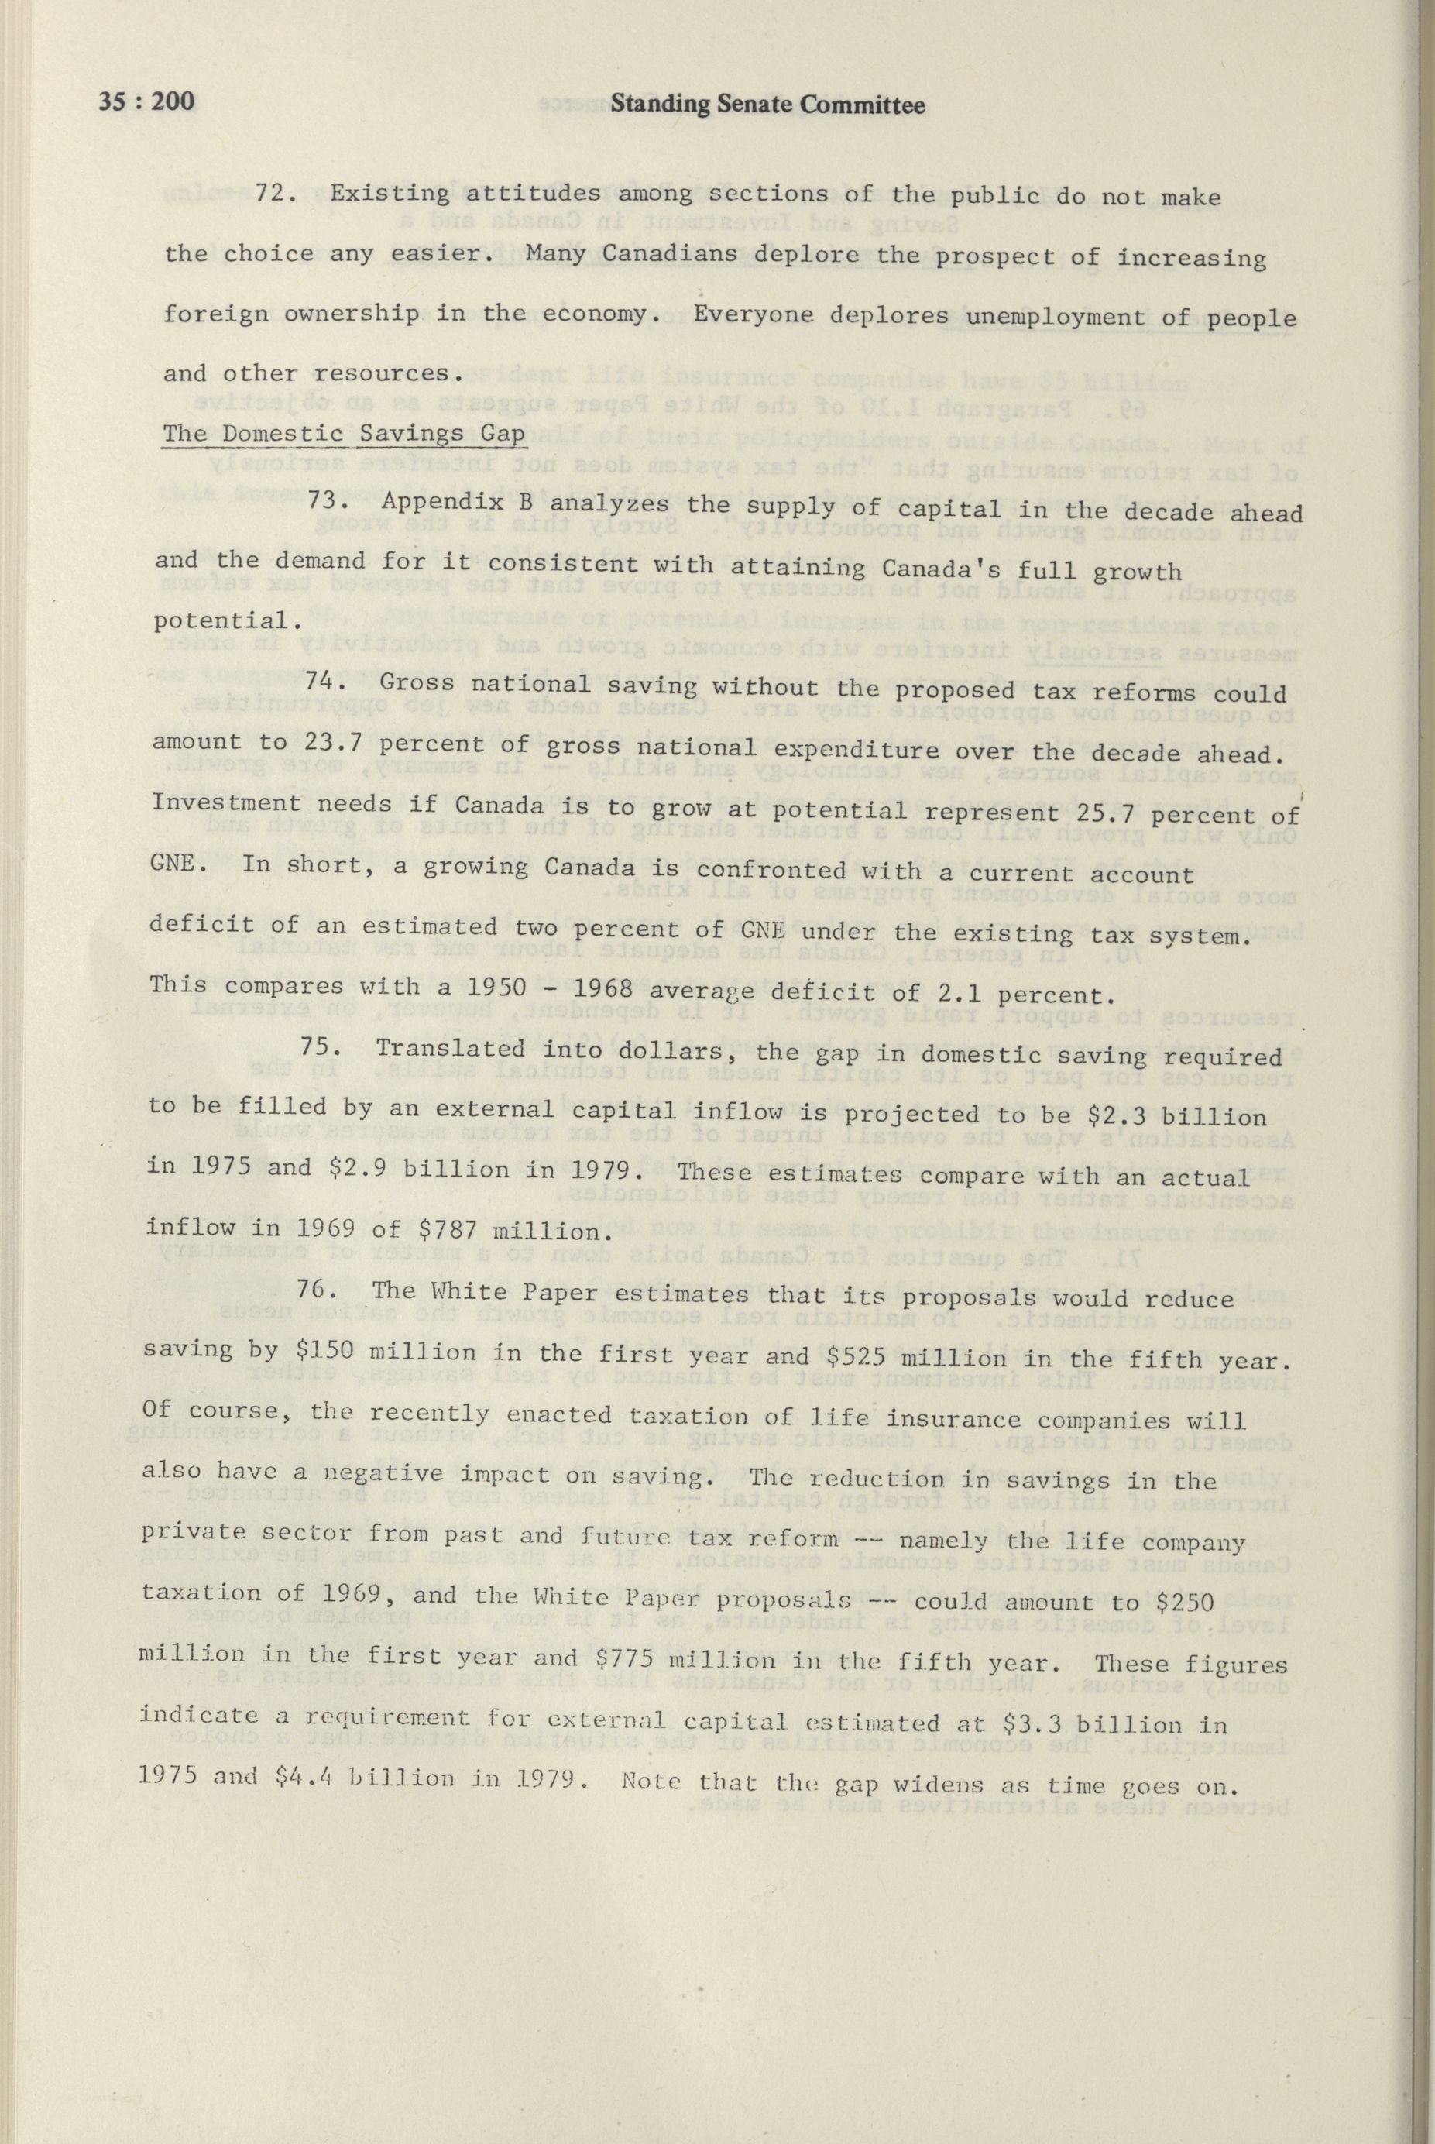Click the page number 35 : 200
click(x=146, y=100)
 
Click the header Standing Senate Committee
click(x=767, y=105)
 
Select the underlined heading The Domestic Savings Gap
click(x=343, y=433)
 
